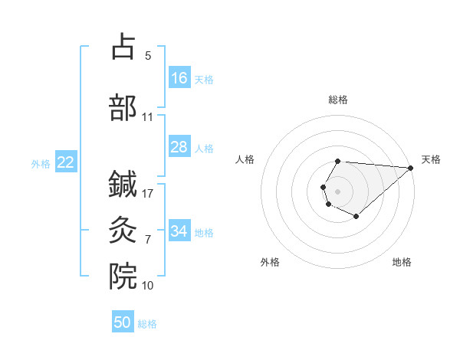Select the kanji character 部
tap(123, 108)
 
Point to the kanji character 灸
tap(123, 228)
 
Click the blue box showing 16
tap(179, 78)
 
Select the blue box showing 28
tap(179, 147)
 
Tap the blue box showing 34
tap(179, 231)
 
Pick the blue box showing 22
tap(66, 162)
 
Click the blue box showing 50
tap(123, 322)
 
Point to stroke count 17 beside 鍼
tap(149, 193)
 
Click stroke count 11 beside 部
tap(148, 117)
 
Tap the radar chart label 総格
tap(338, 100)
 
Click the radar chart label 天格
tap(431, 159)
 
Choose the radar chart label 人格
tap(245, 159)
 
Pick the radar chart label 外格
tap(270, 262)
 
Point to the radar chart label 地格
tap(402, 262)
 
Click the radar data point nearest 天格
tap(410, 167)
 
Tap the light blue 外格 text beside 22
tap(41, 163)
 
